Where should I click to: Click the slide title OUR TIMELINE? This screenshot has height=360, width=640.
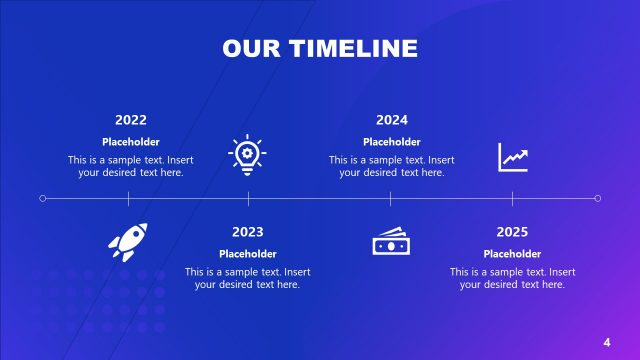point(320,48)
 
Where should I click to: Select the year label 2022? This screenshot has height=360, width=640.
point(131,120)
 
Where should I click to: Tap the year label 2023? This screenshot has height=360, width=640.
point(247,232)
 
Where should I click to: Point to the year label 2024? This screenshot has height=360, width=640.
point(392,120)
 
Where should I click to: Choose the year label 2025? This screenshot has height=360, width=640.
point(512,232)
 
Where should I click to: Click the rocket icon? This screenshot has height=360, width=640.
point(128,242)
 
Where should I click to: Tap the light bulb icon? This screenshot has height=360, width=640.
point(248,156)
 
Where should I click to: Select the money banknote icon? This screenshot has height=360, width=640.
point(390,242)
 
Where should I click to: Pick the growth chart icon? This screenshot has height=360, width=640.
point(513,157)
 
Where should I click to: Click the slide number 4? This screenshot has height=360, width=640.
point(607,343)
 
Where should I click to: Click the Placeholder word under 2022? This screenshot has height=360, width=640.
point(131,142)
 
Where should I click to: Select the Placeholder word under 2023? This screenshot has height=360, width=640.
point(247,254)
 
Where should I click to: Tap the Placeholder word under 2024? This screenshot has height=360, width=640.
point(392,142)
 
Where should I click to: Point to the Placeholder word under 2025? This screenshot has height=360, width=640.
point(512,254)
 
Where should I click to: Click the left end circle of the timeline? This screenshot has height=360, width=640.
point(42,198)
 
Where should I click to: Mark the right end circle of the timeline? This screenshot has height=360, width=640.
point(598,198)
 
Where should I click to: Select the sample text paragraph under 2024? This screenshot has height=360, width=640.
point(392,166)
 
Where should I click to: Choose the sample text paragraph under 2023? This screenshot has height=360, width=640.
point(247,278)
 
